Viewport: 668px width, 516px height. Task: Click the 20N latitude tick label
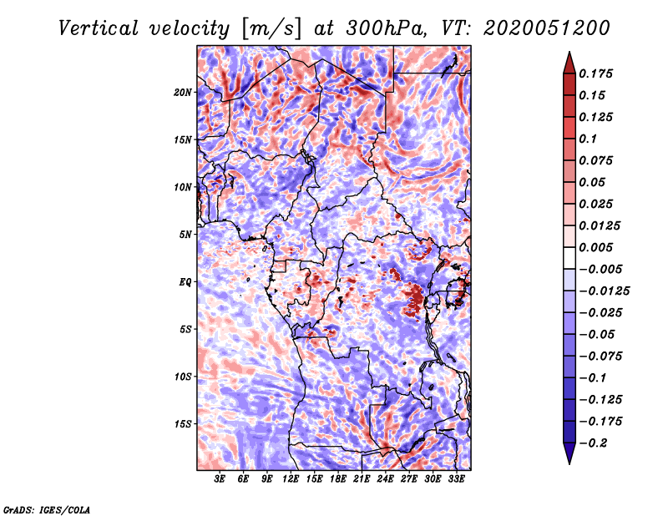[x=183, y=92]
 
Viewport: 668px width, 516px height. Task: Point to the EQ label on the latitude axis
[x=185, y=281]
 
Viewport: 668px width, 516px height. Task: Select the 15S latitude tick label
[x=183, y=423]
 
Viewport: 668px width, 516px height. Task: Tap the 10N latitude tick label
[x=183, y=187]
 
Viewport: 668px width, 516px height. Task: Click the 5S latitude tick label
[x=185, y=329]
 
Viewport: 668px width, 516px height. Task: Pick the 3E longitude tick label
[x=220, y=479]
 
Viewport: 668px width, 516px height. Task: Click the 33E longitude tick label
[x=456, y=479]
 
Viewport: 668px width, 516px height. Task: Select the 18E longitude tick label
[x=338, y=479]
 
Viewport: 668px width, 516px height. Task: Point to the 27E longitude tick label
[x=409, y=479]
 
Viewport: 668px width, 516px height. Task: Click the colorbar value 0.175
[x=598, y=73]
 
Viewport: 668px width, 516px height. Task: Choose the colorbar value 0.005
[x=598, y=247]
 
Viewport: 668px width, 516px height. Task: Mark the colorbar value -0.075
[x=605, y=356]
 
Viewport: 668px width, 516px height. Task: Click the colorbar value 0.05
[x=594, y=182]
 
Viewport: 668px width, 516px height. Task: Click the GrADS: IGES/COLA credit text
[x=47, y=508]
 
